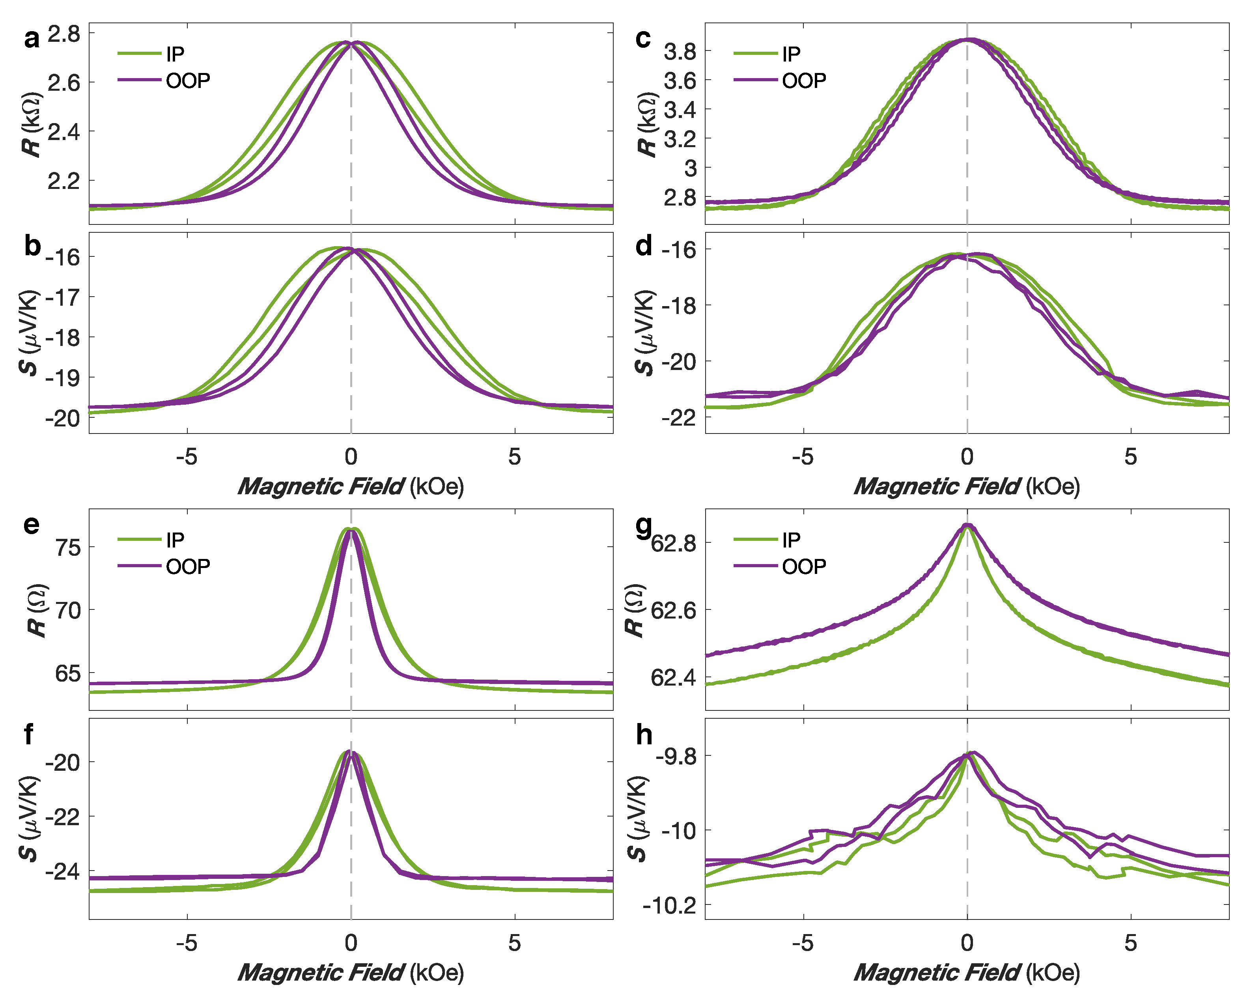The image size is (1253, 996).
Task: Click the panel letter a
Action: click(x=32, y=38)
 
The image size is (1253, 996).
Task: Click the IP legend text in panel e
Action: click(x=175, y=540)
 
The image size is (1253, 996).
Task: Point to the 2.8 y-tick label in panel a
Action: click(x=64, y=34)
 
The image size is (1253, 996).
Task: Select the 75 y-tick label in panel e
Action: click(x=68, y=547)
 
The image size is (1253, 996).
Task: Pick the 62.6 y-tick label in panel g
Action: click(x=674, y=611)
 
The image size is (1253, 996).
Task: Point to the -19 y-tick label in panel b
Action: click(x=63, y=378)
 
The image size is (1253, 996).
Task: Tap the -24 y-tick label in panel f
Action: click(x=63, y=872)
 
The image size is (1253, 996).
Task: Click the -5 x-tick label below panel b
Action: click(x=187, y=457)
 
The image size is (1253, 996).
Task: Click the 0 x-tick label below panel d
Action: click(x=967, y=457)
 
